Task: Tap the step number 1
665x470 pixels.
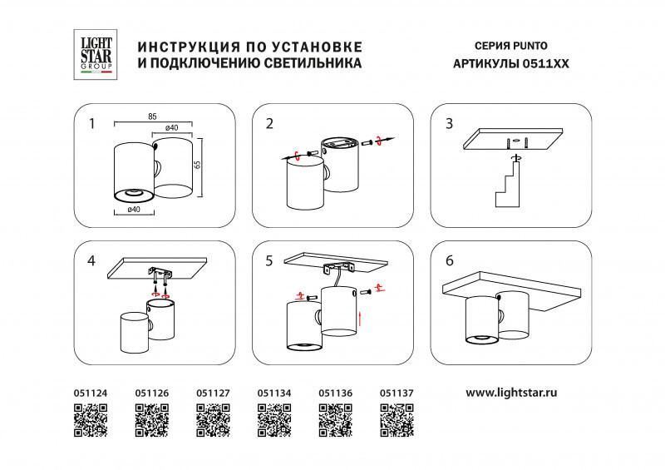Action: [92, 124]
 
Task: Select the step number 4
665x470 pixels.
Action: [92, 261]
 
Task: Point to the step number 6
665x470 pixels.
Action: [450, 260]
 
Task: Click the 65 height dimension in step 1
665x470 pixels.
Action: [197, 164]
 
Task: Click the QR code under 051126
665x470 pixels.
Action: [151, 419]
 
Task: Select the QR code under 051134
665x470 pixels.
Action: [274, 419]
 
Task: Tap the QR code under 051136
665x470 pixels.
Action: [336, 419]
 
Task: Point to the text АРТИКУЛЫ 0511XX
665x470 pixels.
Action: [510, 64]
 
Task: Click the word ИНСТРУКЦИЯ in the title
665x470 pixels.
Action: [185, 45]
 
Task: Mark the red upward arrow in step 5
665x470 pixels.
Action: [359, 318]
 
